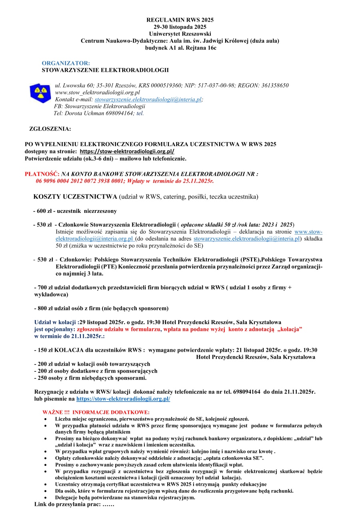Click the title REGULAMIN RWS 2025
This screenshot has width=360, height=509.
180,20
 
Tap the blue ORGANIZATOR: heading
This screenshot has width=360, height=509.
66,63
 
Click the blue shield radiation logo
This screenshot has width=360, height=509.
40,93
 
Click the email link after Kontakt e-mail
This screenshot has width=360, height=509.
148,99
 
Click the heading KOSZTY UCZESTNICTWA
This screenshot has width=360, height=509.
75,197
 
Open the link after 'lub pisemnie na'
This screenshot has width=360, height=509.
123,399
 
